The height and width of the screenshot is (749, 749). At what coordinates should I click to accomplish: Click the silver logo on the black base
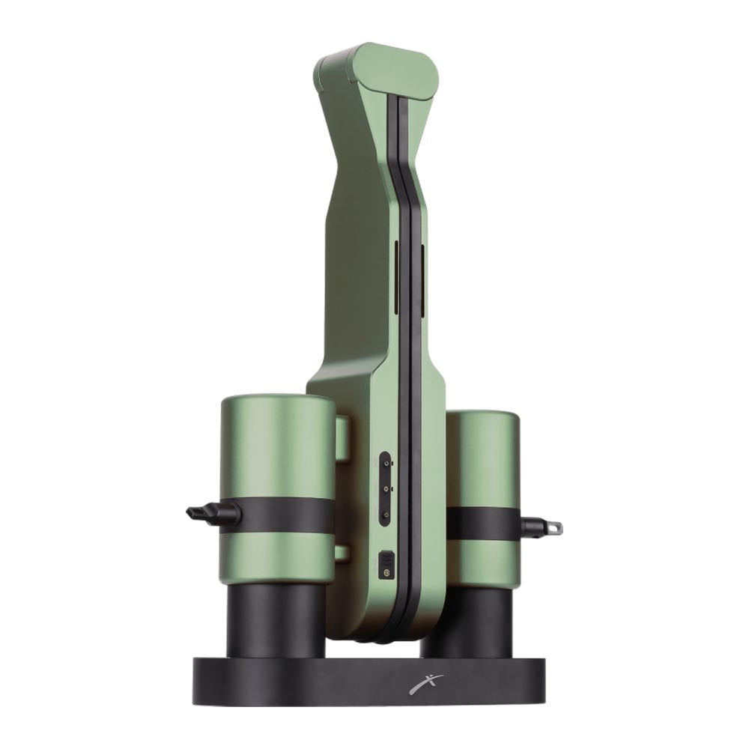coord(426,683)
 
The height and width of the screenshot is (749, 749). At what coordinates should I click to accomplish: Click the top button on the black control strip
coord(385,464)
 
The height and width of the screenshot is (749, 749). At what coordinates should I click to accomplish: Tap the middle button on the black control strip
coord(385,489)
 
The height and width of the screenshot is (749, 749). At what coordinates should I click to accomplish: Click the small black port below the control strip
coord(386,564)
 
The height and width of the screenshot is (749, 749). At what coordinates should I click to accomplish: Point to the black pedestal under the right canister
coord(472,622)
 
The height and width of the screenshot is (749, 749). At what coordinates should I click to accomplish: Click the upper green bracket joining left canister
coord(342,438)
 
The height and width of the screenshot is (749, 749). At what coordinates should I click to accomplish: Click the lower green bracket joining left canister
coord(342,553)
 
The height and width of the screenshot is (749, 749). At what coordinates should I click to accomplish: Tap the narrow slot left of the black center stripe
coord(396,277)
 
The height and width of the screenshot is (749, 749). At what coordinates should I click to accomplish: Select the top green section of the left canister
coord(277,446)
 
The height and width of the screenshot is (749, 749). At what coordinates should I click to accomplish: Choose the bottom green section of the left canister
coord(277,558)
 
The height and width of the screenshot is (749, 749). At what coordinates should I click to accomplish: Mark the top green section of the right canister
coord(483,457)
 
